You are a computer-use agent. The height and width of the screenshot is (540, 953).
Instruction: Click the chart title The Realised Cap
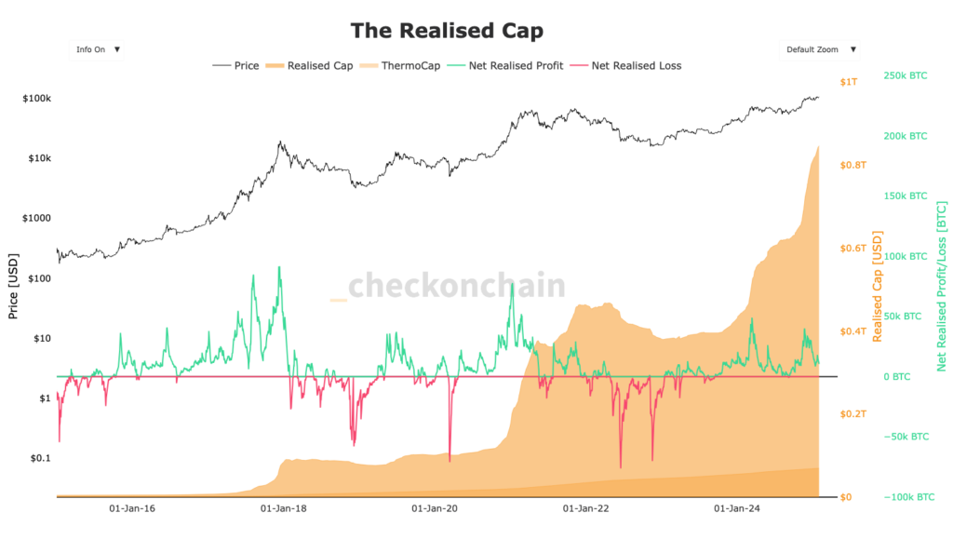click(x=447, y=31)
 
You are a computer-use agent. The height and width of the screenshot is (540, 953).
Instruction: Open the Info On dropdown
click(x=96, y=49)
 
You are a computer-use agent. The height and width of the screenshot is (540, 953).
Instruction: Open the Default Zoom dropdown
click(x=819, y=49)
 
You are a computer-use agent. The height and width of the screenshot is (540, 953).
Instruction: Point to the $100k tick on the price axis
click(x=36, y=99)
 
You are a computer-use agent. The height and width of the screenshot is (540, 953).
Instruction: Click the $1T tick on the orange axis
click(x=849, y=83)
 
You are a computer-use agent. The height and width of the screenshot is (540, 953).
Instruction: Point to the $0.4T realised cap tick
click(x=854, y=331)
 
